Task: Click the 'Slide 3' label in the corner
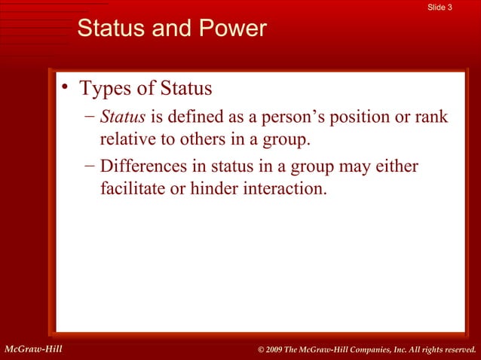(x=440, y=8)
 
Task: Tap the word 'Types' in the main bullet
(x=106, y=89)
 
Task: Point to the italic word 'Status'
(x=122, y=117)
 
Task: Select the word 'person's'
(x=295, y=117)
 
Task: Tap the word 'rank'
(x=431, y=117)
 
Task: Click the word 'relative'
(x=126, y=139)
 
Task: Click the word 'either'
(x=397, y=166)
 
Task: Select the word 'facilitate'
(x=132, y=188)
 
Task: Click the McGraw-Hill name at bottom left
(x=32, y=349)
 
